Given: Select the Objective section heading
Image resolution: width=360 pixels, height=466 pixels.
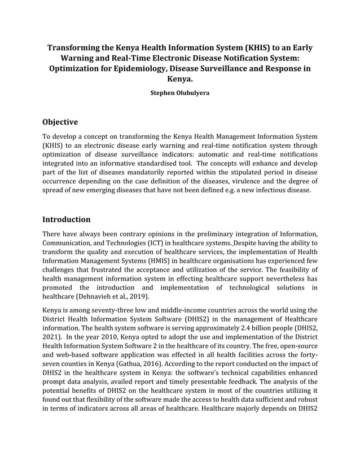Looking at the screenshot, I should tap(60, 122).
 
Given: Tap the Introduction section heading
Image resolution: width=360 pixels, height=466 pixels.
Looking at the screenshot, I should tap(66, 219).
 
